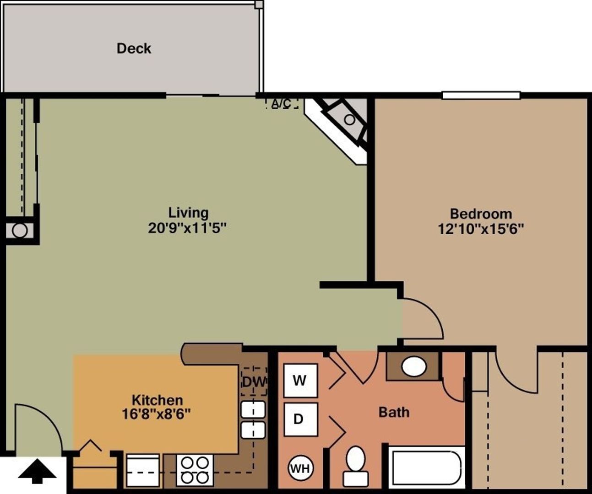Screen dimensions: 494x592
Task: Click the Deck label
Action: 134,48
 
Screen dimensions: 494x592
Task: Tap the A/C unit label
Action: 281,103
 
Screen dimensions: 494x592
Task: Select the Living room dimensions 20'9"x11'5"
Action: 187,228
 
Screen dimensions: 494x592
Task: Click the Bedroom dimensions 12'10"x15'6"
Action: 481,228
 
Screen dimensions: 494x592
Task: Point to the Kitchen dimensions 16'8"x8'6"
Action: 157,414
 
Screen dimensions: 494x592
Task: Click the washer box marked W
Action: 300,381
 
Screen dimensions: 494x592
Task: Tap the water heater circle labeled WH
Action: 300,468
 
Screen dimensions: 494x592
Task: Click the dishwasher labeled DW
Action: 254,381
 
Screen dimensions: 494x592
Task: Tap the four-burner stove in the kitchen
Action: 195,470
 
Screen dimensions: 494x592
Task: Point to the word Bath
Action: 394,412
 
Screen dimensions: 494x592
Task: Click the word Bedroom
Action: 481,214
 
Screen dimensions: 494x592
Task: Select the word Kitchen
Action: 157,400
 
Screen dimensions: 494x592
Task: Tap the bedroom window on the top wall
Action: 481,96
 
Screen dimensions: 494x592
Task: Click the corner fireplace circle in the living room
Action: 349,120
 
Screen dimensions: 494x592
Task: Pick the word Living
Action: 188,213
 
